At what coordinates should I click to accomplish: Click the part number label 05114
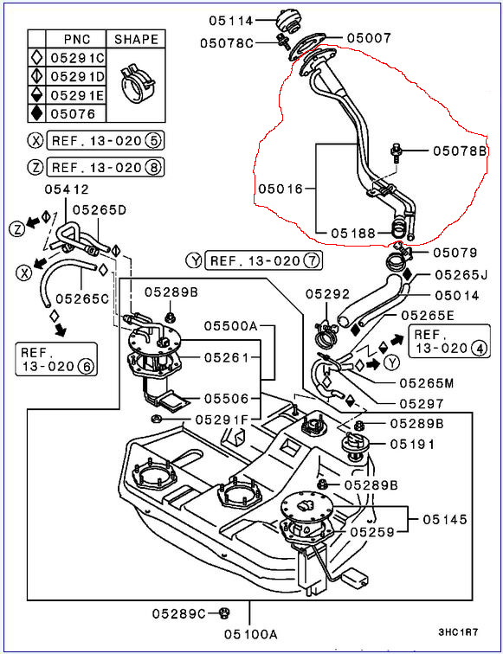pos(231,20)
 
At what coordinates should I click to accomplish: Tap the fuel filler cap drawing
pos(287,21)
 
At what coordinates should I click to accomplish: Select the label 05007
pos(369,38)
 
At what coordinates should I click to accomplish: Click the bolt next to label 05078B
pos(395,153)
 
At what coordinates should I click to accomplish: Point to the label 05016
pos(281,189)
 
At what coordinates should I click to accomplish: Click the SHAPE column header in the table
pos(137,39)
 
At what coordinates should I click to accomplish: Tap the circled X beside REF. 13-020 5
pos(35,140)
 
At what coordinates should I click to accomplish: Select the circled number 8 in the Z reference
pos(152,167)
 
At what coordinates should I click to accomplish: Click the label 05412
pos(67,189)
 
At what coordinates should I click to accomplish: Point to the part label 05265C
pos(82,298)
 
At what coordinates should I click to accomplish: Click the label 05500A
pos(230,326)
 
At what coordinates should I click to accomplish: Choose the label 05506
pos(226,398)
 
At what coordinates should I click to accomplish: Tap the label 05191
pos(412,444)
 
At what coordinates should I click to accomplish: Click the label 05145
pos(445,519)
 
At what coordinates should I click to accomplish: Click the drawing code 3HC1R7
pos(458,632)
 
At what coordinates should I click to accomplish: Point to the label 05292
pos(327,294)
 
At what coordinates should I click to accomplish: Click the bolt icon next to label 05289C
pos(224,613)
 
